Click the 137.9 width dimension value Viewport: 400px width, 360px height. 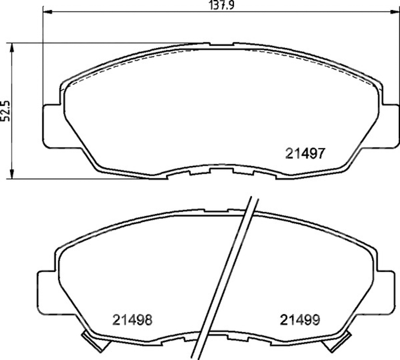coord(221,5)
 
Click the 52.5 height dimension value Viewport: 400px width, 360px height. coord(5,111)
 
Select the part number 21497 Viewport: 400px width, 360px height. coord(305,153)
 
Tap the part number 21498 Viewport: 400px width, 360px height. coord(132,319)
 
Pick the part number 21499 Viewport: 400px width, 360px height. coord(300,319)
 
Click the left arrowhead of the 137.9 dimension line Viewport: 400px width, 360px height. coord(47,12)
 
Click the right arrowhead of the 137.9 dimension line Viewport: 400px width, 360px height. coord(395,12)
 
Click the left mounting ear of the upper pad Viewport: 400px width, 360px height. coord(52,126)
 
